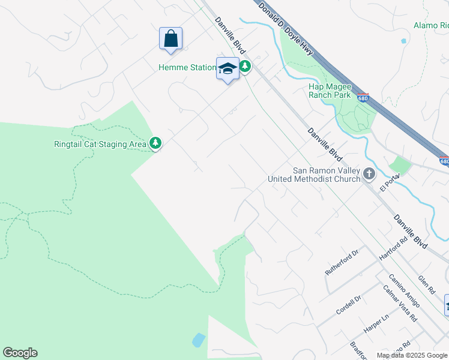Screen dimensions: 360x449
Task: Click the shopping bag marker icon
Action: pos(171,38)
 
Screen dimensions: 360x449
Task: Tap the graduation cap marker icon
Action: pos(228,68)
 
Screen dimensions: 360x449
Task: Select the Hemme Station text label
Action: pos(187,67)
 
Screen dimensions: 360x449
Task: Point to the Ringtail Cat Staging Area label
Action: pos(100,144)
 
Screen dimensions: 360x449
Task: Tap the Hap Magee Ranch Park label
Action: pos(330,90)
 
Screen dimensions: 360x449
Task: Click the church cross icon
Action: pos(369,175)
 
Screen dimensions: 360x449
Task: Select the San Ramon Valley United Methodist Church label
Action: pos(327,175)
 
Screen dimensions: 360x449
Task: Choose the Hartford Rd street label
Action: pos(393,248)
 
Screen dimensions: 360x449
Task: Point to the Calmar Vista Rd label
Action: pos(400,303)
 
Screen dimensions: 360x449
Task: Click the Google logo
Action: pos(20,353)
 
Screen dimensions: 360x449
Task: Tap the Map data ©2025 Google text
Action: pos(412,355)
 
